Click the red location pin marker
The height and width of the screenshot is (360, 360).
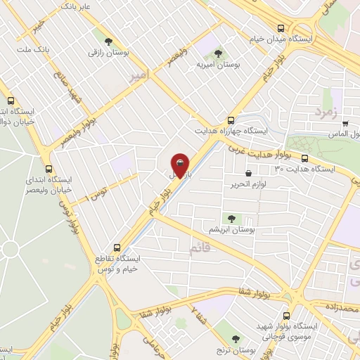click(x=180, y=165)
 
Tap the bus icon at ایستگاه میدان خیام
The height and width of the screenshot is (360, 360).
click(x=281, y=29)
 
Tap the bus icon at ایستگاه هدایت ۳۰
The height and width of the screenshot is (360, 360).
click(x=305, y=159)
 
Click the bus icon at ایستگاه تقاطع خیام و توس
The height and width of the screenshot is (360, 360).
click(x=117, y=247)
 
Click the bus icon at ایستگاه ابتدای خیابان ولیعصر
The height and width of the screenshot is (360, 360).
click(x=49, y=169)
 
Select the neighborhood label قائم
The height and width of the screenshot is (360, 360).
click(x=199, y=247)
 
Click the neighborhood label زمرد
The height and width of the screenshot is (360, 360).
click(x=326, y=110)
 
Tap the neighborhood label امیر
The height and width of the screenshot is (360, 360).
click(x=139, y=76)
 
